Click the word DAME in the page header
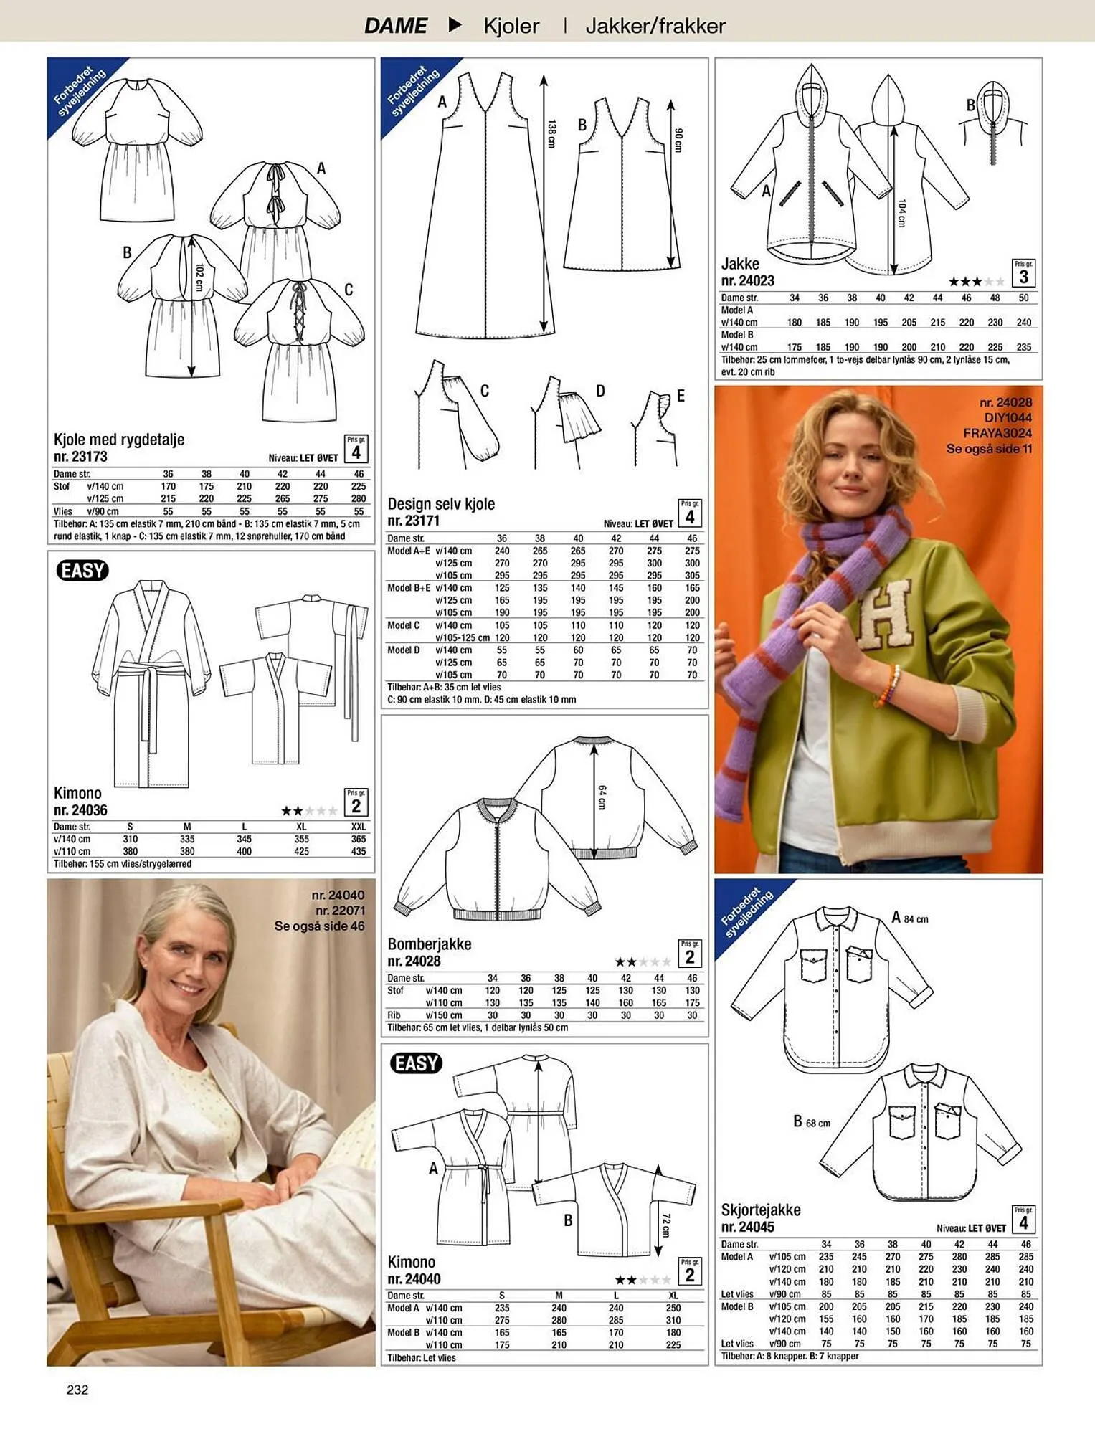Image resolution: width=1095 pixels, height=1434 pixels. point(395,26)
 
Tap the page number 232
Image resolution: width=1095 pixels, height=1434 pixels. point(77,1390)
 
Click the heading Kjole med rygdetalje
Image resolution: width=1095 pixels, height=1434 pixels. point(119,440)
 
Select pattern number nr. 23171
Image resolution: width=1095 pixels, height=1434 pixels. point(413,521)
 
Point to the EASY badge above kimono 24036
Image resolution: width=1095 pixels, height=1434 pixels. point(82,571)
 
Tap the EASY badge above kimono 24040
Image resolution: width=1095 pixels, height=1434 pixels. point(416,1063)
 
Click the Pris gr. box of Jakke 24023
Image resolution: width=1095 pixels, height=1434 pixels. point(1023,273)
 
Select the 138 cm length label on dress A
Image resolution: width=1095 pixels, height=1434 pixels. point(551,134)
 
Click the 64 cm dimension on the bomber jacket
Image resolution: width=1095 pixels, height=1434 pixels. point(602,797)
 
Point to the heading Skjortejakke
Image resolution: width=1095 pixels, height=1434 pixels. point(761,1210)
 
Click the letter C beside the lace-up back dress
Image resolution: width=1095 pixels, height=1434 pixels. point(349,290)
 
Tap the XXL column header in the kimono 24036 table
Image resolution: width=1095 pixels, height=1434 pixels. point(359,827)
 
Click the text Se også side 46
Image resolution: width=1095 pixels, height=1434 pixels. point(319,926)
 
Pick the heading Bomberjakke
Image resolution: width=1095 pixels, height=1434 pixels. point(430,944)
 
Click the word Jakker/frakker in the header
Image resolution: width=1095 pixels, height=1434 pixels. point(655,26)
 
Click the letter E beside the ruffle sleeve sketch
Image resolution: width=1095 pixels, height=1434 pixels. point(681,396)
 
